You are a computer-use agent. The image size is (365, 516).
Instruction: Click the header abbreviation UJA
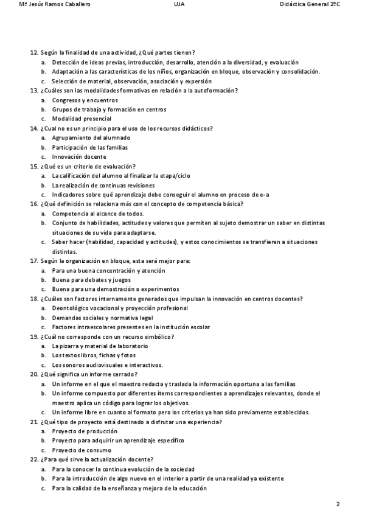click(179, 4)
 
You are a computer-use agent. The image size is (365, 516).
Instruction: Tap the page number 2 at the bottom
click(338, 504)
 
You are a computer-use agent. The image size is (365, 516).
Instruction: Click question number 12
click(34, 53)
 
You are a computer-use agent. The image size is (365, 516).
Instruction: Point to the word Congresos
click(68, 100)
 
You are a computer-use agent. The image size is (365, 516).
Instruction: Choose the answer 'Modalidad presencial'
click(82, 119)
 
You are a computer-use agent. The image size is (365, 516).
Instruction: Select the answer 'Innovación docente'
click(79, 156)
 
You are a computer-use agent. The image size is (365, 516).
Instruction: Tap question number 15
click(34, 166)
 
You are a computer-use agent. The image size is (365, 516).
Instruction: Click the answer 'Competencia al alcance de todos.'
click(98, 214)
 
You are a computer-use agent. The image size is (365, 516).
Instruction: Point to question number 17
click(34, 260)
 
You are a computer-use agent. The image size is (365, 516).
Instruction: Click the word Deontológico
click(72, 308)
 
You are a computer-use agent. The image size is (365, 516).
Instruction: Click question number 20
click(34, 374)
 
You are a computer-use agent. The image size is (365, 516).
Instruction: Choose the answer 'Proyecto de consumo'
click(81, 450)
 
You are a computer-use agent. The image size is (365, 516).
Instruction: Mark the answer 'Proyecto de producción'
click(84, 431)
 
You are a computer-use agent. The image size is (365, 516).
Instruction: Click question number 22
click(34, 459)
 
